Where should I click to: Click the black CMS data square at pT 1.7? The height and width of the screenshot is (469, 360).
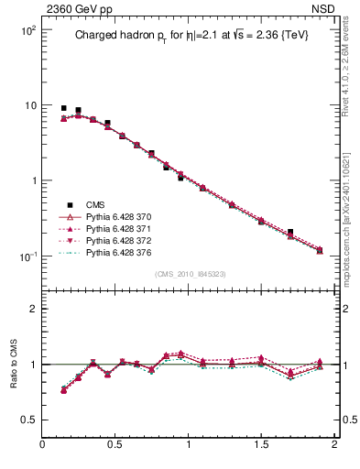[x=290, y=233]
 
